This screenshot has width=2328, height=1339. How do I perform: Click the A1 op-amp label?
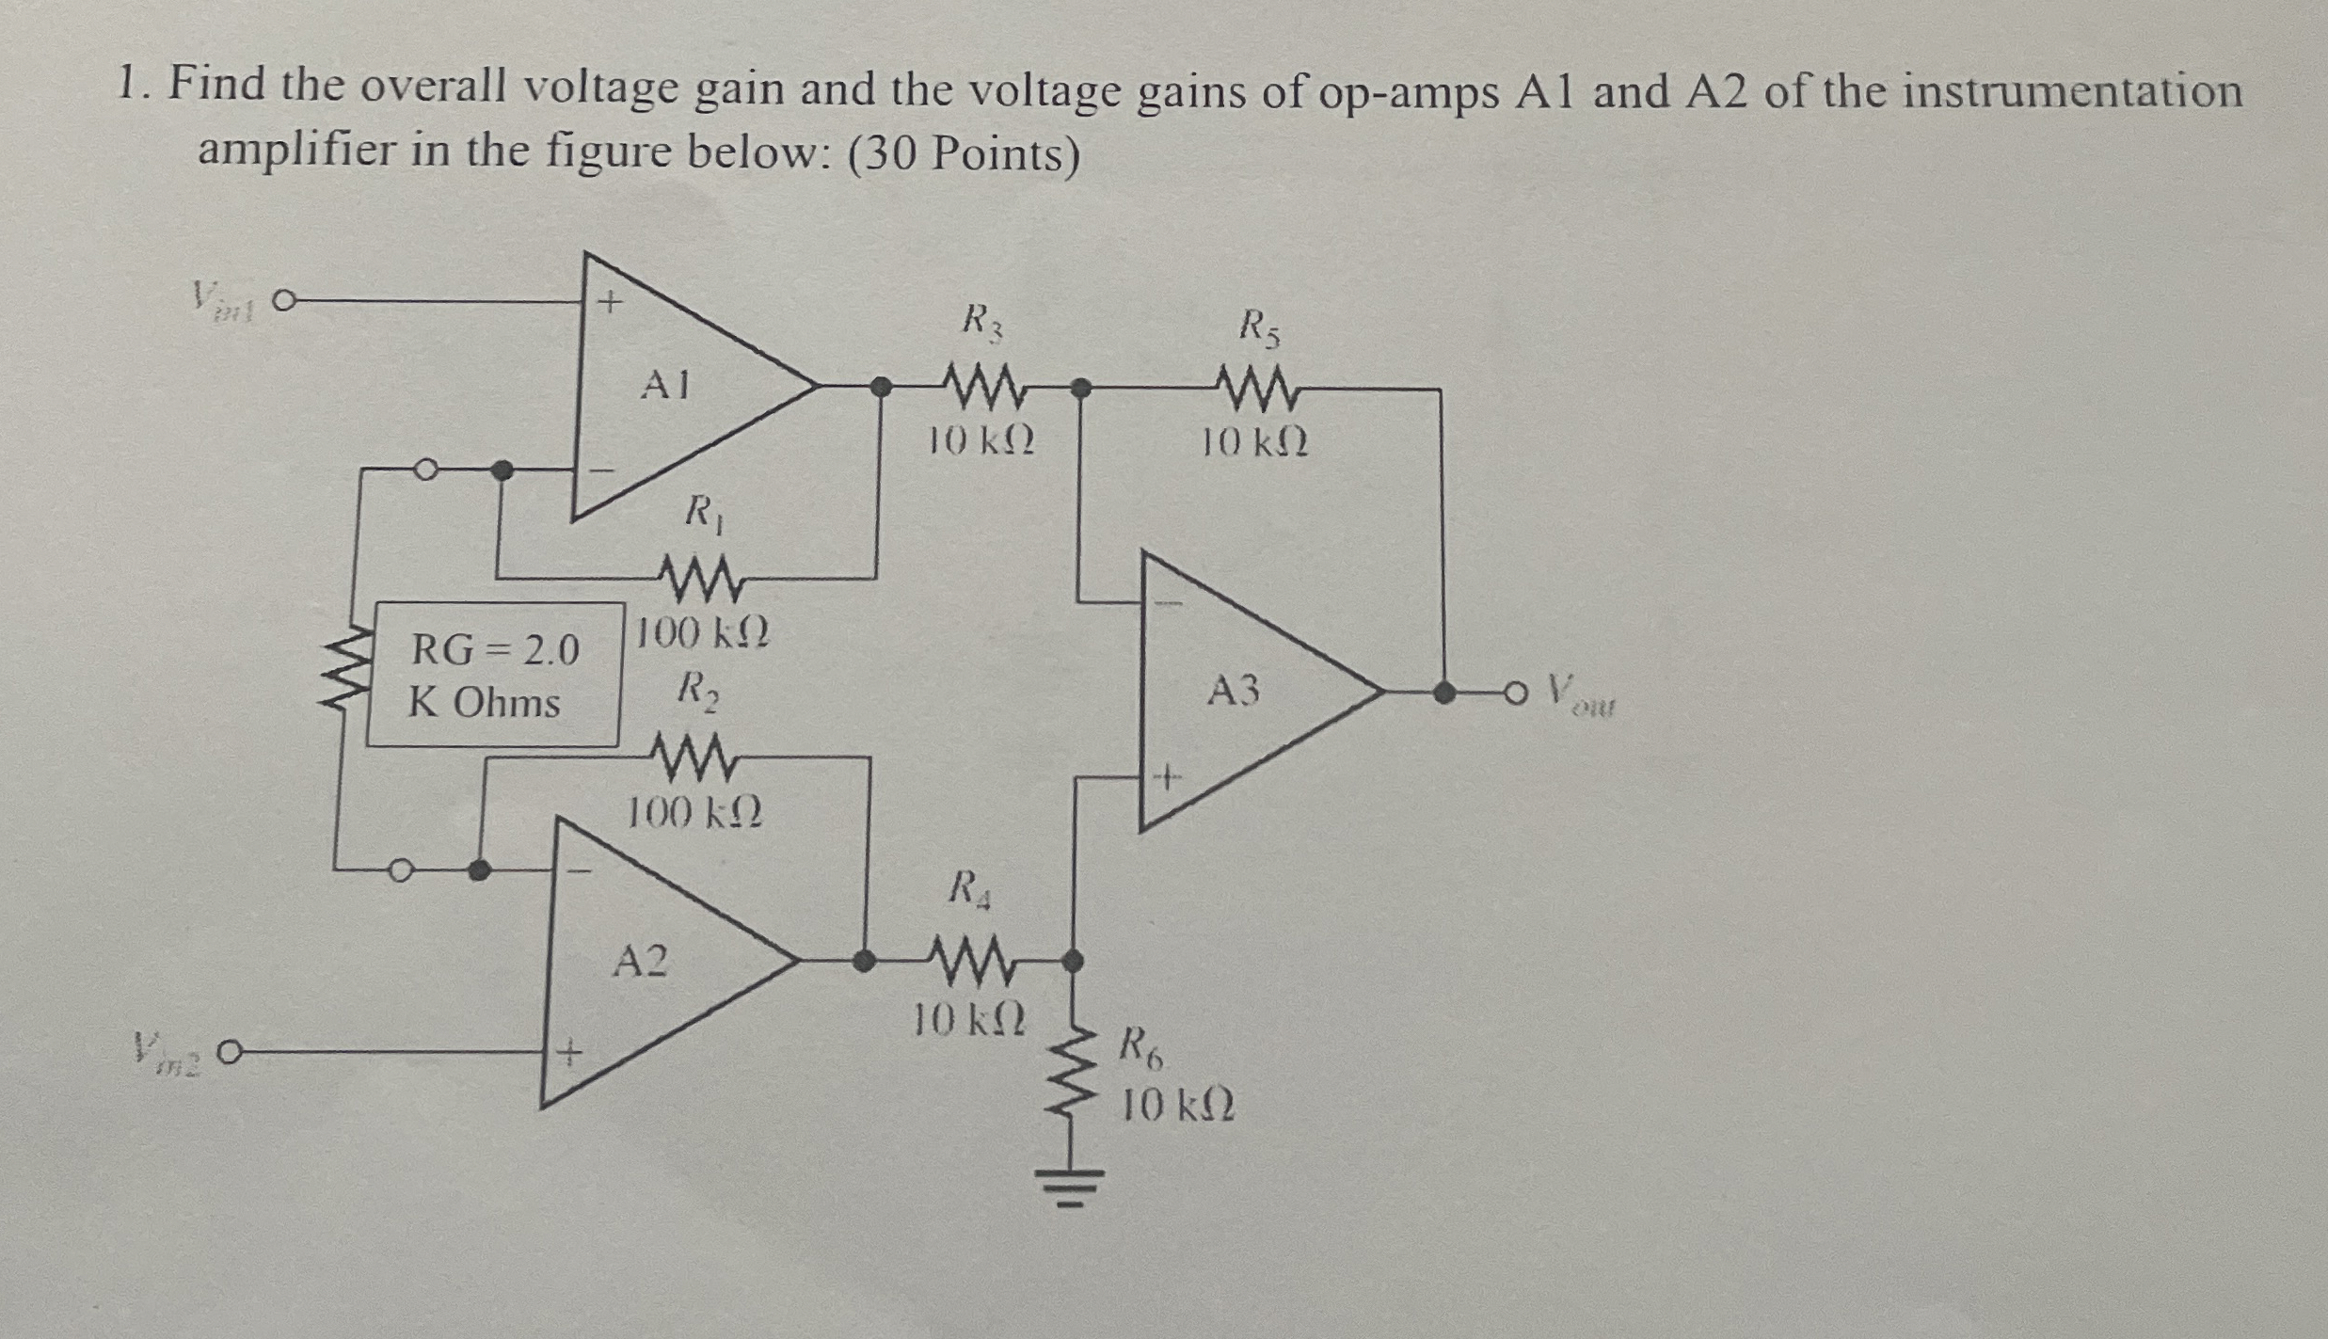(x=664, y=385)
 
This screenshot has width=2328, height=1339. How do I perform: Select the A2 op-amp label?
(x=640, y=962)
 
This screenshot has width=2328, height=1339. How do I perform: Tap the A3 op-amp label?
(x=1233, y=692)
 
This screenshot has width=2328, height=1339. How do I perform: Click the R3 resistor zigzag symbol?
(x=982, y=387)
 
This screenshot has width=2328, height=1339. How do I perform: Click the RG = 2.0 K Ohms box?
(x=494, y=675)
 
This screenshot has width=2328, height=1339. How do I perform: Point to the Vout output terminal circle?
(x=1512, y=693)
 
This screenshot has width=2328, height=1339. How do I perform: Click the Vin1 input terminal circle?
(x=283, y=302)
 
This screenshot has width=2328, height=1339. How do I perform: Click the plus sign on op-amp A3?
(x=1166, y=778)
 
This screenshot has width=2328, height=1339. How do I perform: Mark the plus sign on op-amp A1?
(x=611, y=302)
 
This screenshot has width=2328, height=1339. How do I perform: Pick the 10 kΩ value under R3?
(x=981, y=440)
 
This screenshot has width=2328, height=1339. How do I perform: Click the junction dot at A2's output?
(x=862, y=961)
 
